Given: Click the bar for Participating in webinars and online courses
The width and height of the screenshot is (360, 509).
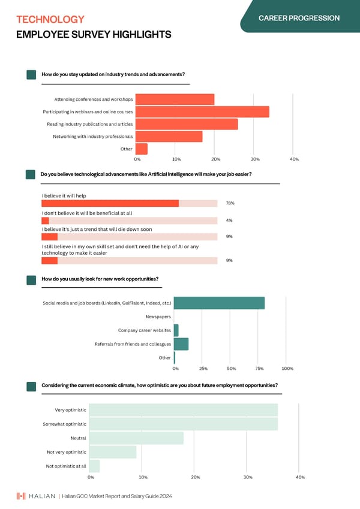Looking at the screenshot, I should pyautogui.click(x=202, y=112).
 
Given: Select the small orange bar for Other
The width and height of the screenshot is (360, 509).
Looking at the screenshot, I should pyautogui.click(x=142, y=149).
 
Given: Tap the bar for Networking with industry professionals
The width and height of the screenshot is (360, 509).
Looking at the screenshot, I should pyautogui.click(x=169, y=137).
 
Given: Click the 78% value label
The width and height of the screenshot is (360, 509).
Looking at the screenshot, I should pyautogui.click(x=230, y=203).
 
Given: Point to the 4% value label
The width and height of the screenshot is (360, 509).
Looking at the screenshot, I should pyautogui.click(x=229, y=221).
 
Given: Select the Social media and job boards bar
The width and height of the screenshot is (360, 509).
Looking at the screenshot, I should pyautogui.click(x=219, y=303).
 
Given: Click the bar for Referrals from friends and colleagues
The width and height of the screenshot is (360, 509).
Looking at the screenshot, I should pyautogui.click(x=181, y=344).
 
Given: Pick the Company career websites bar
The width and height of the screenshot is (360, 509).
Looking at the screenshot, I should pyautogui.click(x=176, y=330).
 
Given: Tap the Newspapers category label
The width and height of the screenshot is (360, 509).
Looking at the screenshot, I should pyautogui.click(x=158, y=317).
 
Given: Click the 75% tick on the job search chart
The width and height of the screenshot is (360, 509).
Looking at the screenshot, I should pyautogui.click(x=260, y=368).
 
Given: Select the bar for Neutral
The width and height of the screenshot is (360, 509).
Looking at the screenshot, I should pyautogui.click(x=137, y=438).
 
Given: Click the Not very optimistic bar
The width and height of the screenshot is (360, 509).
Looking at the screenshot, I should pyautogui.click(x=113, y=452).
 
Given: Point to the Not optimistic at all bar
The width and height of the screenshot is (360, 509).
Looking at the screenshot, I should pyautogui.click(x=95, y=466).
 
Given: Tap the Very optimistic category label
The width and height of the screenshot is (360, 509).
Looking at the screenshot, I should pyautogui.click(x=70, y=410).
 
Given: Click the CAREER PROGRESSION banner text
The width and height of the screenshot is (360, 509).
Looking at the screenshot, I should pyautogui.click(x=299, y=18).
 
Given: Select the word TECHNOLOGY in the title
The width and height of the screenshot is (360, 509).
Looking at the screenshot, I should pyautogui.click(x=50, y=20).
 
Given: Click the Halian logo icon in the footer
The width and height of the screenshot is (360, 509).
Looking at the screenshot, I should pyautogui.click(x=21, y=496).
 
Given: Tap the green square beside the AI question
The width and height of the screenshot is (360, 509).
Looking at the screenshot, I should pyautogui.click(x=31, y=174).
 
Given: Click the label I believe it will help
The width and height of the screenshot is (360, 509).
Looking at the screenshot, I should pyautogui.click(x=64, y=195).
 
